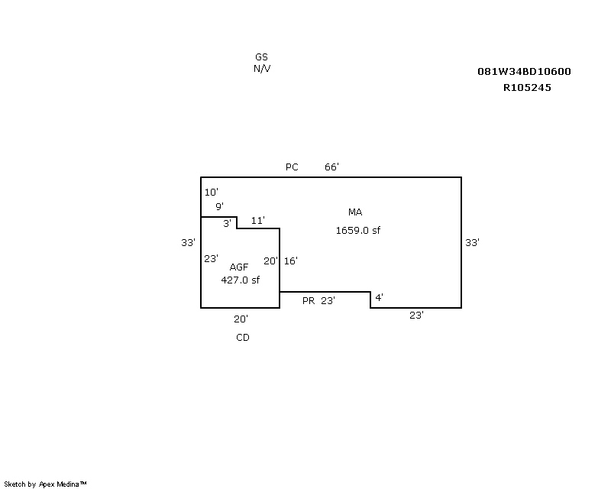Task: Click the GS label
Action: click(x=261, y=57)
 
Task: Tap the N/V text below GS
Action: click(x=262, y=69)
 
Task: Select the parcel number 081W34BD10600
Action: click(x=524, y=71)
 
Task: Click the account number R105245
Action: click(x=527, y=87)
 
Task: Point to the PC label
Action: click(x=292, y=167)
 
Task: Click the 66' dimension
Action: click(x=331, y=167)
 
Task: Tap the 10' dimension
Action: click(x=212, y=192)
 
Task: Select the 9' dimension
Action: click(x=219, y=206)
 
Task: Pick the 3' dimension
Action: click(x=227, y=223)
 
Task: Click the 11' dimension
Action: click(x=258, y=221)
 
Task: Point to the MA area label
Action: click(x=355, y=212)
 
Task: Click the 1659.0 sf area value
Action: click(x=358, y=231)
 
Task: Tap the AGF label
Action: click(x=239, y=267)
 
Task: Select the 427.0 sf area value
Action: click(x=240, y=280)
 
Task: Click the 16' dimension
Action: click(x=291, y=261)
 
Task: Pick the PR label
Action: click(x=309, y=301)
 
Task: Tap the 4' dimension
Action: click(x=379, y=297)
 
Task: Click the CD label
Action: click(x=243, y=337)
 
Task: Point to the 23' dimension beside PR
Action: click(x=328, y=300)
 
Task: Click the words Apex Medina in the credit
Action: click(x=59, y=484)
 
